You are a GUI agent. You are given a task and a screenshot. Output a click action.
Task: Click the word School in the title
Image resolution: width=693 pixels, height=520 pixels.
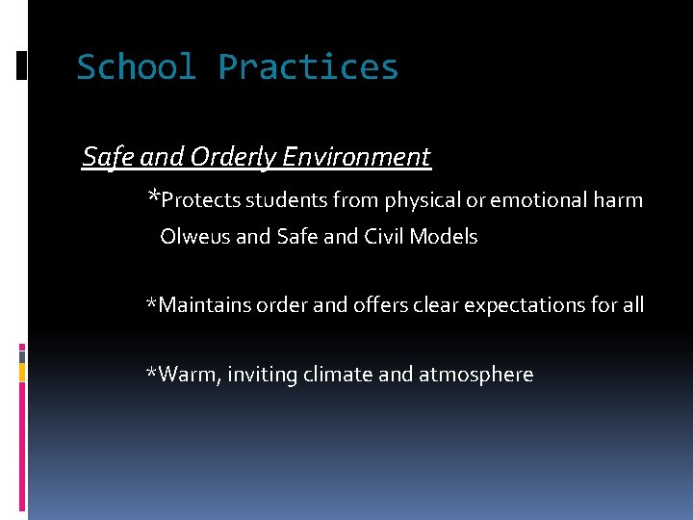click(136, 67)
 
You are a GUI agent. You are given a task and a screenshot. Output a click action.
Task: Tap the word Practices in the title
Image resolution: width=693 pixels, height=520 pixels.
click(308, 67)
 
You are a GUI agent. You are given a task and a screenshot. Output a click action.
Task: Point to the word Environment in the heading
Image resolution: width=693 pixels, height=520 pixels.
click(356, 157)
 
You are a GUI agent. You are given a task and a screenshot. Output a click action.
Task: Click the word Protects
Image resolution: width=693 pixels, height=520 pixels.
click(201, 200)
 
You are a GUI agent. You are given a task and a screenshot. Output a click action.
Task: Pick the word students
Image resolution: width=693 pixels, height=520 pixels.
click(286, 200)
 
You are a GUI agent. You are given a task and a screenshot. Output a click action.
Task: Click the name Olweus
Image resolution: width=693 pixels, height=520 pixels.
click(195, 237)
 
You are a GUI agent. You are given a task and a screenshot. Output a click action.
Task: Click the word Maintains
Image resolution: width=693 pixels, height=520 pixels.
click(204, 306)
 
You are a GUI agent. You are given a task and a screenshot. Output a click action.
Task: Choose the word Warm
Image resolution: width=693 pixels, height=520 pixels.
click(189, 375)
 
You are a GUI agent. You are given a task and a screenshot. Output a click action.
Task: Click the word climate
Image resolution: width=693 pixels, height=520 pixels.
click(335, 375)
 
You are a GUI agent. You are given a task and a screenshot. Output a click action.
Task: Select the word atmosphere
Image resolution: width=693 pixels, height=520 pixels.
click(475, 376)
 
